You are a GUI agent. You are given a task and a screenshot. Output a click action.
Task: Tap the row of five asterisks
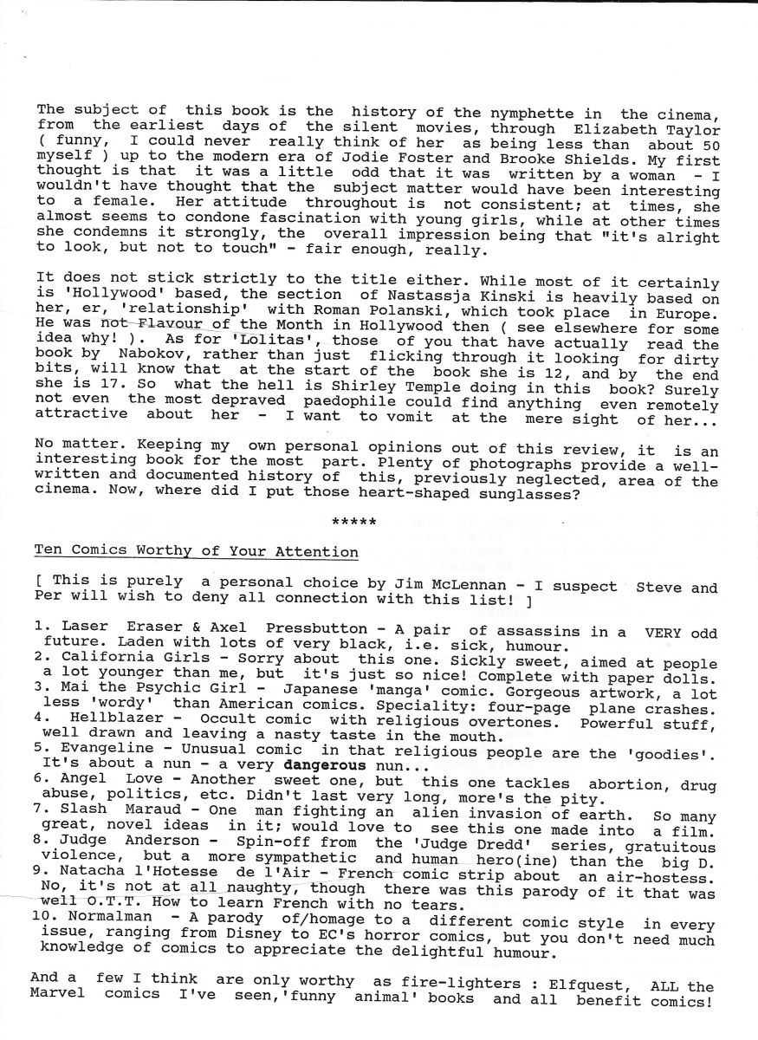click(354, 522)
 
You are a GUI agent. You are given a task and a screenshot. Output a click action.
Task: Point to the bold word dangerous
click(322, 767)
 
